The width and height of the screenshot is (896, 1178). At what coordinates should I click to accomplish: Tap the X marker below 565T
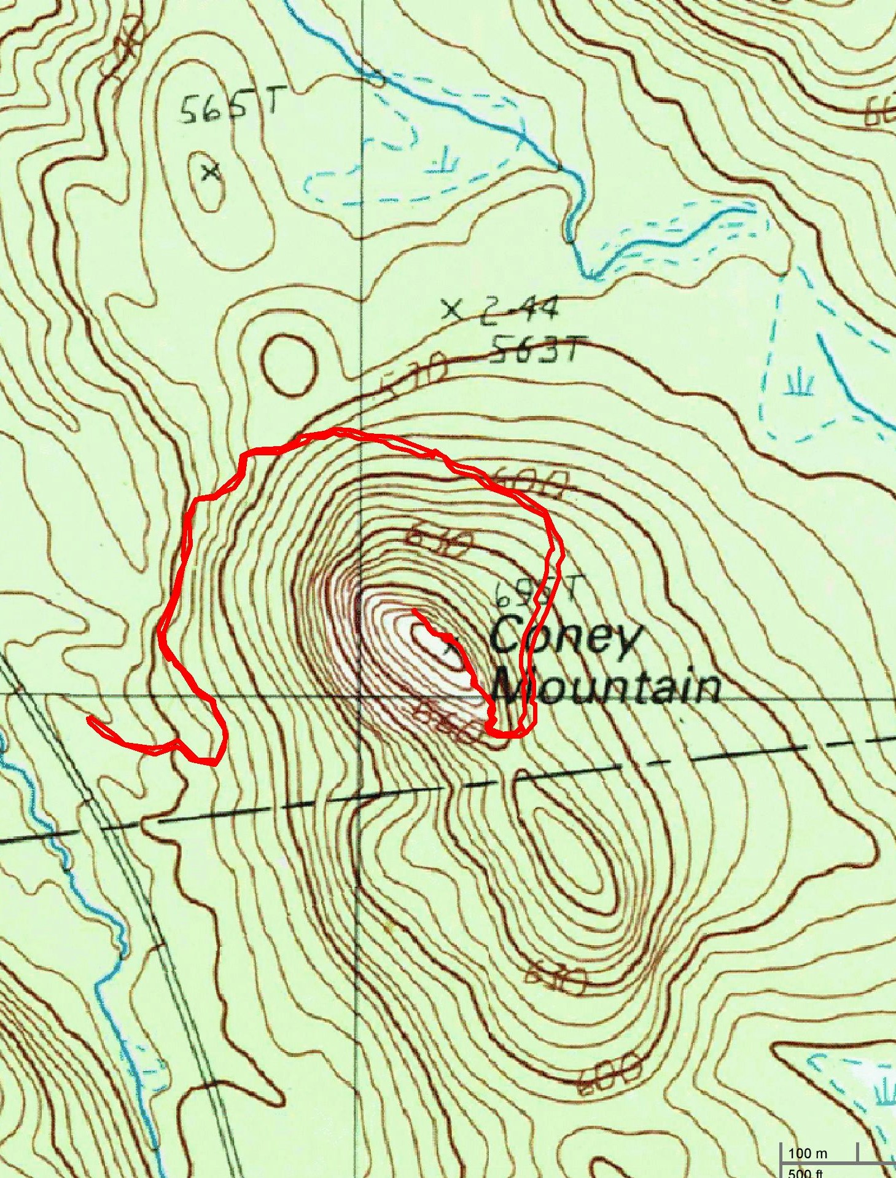point(211,172)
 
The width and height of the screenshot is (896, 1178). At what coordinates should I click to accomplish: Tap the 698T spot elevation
point(534,593)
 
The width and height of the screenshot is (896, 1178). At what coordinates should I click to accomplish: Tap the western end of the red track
point(90,718)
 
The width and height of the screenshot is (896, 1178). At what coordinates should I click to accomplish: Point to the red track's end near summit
point(414,610)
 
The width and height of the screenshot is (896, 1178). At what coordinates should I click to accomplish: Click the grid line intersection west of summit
point(360,696)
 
